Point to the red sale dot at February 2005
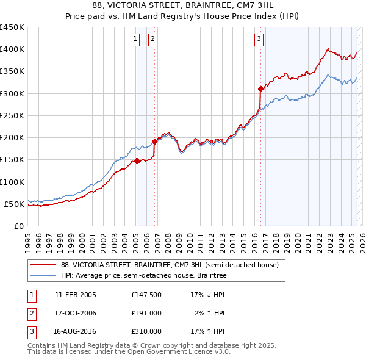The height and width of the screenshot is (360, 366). point(137,161)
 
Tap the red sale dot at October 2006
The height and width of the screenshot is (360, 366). point(154,142)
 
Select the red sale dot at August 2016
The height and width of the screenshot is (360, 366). point(260,89)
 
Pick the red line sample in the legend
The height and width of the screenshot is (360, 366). point(43,265)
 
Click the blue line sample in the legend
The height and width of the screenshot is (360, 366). point(43,275)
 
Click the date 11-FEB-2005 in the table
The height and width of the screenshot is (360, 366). point(76,295)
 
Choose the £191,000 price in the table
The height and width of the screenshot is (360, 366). point(146,313)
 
